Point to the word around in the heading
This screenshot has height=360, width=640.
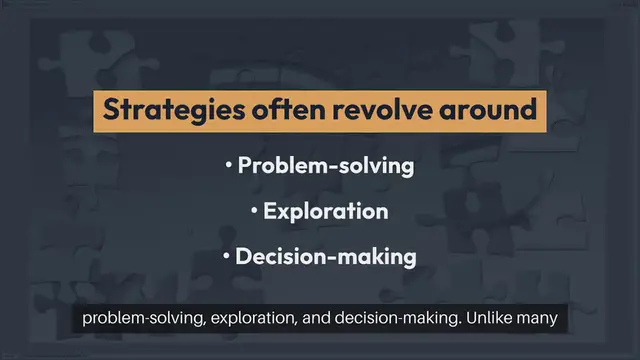[x=488, y=109]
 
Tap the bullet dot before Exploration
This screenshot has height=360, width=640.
[x=255, y=212]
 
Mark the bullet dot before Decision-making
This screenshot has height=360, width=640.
[x=226, y=257]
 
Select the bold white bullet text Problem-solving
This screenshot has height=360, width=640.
[x=326, y=166]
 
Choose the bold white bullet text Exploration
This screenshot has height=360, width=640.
[x=326, y=211]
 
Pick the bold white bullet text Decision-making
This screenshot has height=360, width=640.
[x=326, y=256]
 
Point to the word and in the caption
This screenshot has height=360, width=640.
[x=307, y=320]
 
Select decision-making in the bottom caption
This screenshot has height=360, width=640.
[x=385, y=320]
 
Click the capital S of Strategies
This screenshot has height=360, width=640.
[x=111, y=109]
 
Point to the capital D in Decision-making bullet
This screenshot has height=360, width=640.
[x=244, y=256]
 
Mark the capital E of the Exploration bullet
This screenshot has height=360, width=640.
[x=270, y=211]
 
